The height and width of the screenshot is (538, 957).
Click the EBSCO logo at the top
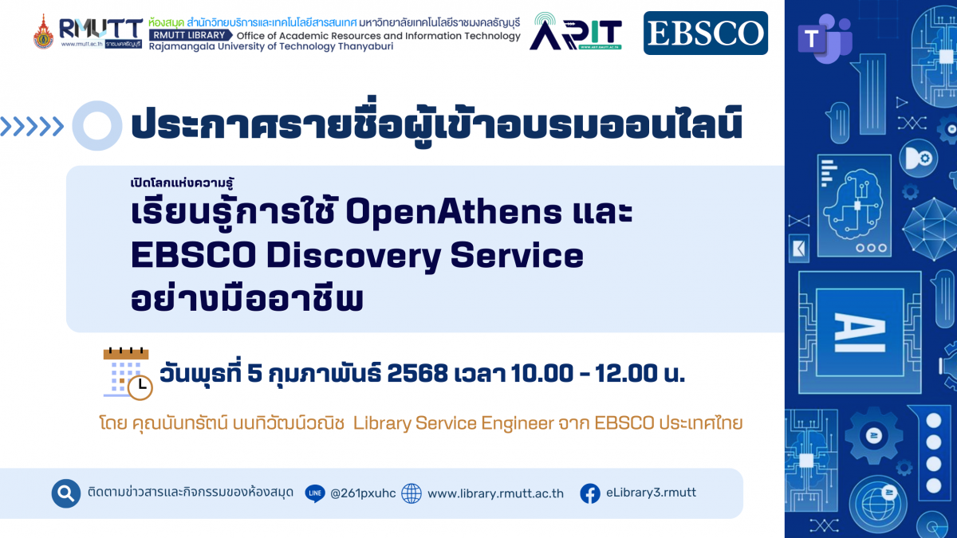click(705, 33)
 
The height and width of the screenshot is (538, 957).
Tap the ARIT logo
click(576, 31)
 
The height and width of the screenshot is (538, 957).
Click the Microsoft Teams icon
click(825, 38)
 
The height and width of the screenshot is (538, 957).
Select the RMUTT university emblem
click(43, 32)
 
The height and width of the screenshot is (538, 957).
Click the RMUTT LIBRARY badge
click(190, 35)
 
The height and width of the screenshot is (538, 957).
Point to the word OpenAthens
click(454, 211)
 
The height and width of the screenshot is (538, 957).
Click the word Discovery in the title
click(353, 256)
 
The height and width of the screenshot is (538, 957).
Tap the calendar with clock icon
click(128, 374)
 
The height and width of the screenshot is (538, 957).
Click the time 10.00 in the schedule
click(542, 374)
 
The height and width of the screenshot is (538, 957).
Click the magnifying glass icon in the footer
click(66, 493)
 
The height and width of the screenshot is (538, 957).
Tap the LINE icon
click(315, 493)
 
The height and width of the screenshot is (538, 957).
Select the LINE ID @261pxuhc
click(363, 493)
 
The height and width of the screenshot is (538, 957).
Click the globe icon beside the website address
click(412, 493)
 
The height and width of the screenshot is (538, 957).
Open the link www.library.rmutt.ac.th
click(495, 493)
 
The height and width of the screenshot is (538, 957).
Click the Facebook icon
click(590, 493)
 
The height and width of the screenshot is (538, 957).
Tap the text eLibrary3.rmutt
click(651, 493)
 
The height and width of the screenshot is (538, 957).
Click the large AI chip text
click(860, 332)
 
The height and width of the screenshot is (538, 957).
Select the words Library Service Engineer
click(454, 423)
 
